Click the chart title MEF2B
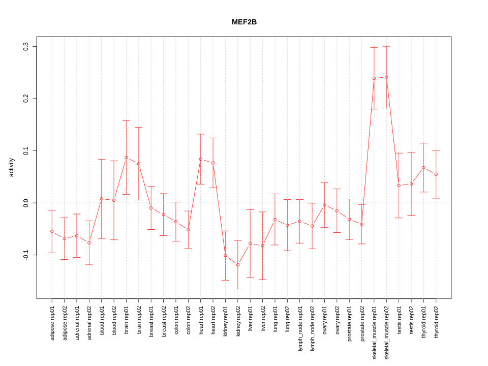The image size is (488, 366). pos(244,22)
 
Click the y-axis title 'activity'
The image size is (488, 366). pos(12,167)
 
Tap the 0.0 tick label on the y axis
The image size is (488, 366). pos(26,203)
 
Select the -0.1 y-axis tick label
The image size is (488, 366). pos(26,255)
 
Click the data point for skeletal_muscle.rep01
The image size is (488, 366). pos(374,78)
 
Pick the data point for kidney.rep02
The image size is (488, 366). pos(238,265)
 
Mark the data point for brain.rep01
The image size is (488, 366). pos(126,158)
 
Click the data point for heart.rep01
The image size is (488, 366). pos(201,159)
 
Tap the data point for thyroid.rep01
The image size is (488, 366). pos(423,168)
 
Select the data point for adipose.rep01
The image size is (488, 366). pos(52,232)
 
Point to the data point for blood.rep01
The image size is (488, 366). pos(102,199)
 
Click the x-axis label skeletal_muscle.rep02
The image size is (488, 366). pos(387,329)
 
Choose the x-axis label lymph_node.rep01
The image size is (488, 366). pos(300,328)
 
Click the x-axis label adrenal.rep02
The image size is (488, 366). pos(89,323)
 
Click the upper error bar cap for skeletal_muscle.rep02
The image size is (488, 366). pos(386,46)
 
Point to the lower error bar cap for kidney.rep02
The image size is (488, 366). pos(238,289)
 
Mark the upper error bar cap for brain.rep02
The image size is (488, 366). pos(139,127)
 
